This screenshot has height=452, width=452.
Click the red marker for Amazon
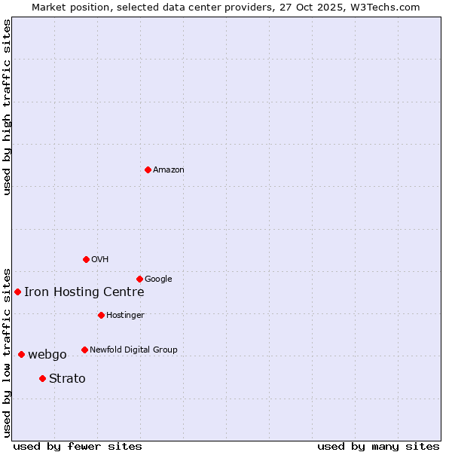148,169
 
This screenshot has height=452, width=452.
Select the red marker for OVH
86,259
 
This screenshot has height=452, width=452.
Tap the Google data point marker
139,279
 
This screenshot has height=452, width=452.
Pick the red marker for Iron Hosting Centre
17,292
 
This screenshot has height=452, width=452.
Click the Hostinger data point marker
101,315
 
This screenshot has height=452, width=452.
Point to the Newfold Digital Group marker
84,350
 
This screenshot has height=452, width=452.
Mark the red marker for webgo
21,354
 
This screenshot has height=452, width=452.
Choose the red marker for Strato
42,378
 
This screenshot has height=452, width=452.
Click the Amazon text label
169,170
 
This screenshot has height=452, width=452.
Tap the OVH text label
100,260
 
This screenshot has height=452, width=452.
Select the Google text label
158,279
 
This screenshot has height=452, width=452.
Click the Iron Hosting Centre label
84,292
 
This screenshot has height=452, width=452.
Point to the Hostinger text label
125,316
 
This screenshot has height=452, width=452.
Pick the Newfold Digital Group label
133,350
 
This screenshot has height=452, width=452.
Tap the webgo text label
47,355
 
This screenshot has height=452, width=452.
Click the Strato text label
67,379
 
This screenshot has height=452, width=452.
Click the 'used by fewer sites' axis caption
78,446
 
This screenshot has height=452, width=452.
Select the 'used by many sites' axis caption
378,446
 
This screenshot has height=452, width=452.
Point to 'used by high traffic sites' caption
8,107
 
